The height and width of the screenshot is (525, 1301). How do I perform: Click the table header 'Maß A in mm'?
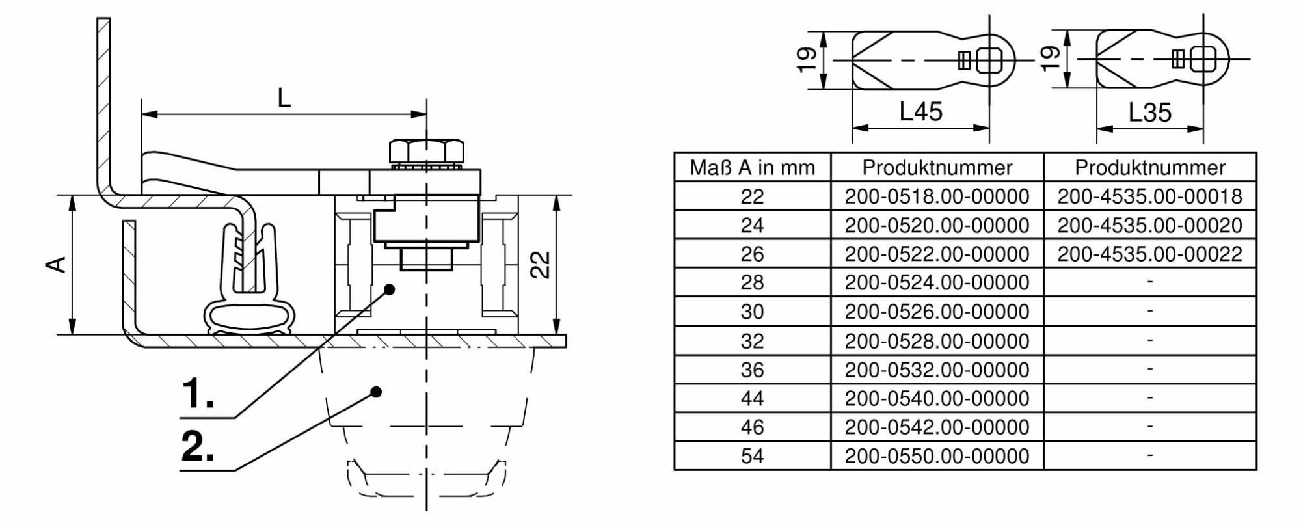coord(752,168)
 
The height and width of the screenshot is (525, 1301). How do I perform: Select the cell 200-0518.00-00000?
coord(937,196)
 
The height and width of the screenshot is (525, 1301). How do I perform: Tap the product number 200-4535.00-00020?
coord(1149,225)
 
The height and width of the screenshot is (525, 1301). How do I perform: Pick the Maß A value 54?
coord(752,455)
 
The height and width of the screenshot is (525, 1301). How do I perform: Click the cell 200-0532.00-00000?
coord(937,370)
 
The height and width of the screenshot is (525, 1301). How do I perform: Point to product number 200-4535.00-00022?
coord(1149,254)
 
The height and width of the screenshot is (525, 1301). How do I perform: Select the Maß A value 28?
coord(752,282)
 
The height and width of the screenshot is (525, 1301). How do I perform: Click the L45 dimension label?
coord(920,112)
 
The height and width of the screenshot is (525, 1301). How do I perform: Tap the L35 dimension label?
coord(1149,113)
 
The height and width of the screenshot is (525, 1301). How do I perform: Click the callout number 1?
coord(197,394)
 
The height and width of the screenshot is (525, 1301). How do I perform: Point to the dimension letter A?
coord(58,265)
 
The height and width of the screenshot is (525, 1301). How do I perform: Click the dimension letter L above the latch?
coord(284,98)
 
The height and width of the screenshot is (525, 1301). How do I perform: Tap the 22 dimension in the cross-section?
coord(541,265)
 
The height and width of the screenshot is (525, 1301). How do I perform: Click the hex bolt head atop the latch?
coord(427,151)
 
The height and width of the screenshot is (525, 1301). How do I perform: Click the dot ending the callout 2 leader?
coord(376,392)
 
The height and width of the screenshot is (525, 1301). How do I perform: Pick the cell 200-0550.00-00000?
coord(937,455)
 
